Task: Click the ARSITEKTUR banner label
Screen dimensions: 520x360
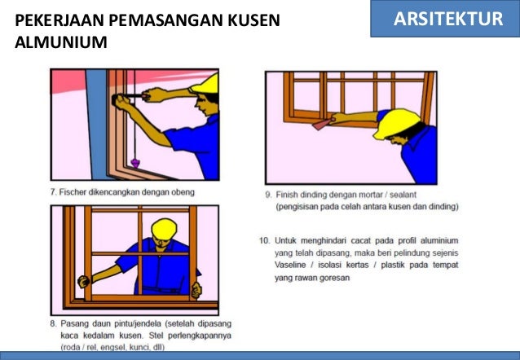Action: coord(448,19)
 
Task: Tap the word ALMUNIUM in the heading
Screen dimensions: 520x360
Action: coord(61,42)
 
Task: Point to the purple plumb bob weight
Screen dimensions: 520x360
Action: coord(135,163)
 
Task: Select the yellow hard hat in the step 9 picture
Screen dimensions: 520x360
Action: coord(395,123)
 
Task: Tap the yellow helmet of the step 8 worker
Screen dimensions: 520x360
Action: coord(164,228)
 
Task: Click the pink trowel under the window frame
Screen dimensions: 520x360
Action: coord(321,124)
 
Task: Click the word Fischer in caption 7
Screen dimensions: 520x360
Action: coord(73,192)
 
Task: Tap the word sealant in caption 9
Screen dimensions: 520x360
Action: coord(403,195)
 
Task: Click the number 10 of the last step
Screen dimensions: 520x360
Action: coord(264,240)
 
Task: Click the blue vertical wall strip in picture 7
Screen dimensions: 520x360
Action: coord(97,125)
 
